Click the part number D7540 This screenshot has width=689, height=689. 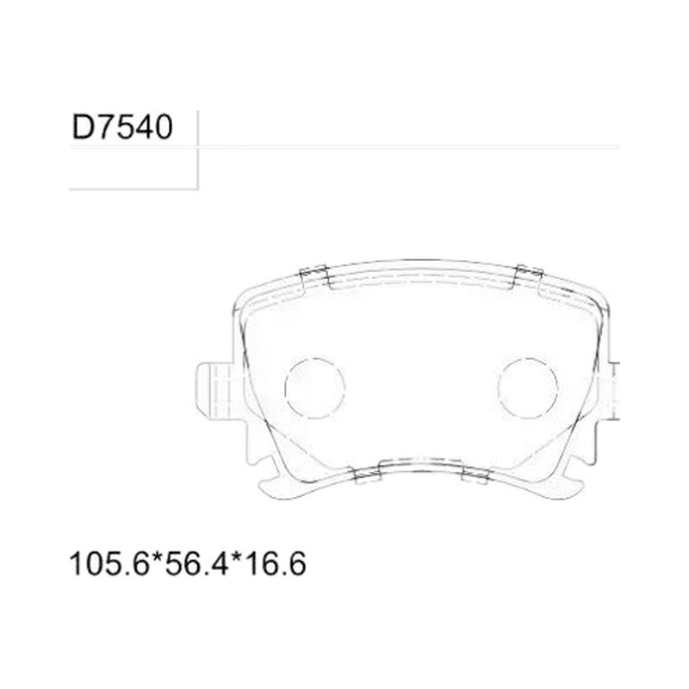[122, 127]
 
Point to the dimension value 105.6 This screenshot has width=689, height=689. [109, 564]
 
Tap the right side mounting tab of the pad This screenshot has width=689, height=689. [614, 391]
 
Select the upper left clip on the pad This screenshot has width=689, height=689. [314, 276]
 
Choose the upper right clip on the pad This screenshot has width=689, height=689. [528, 276]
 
